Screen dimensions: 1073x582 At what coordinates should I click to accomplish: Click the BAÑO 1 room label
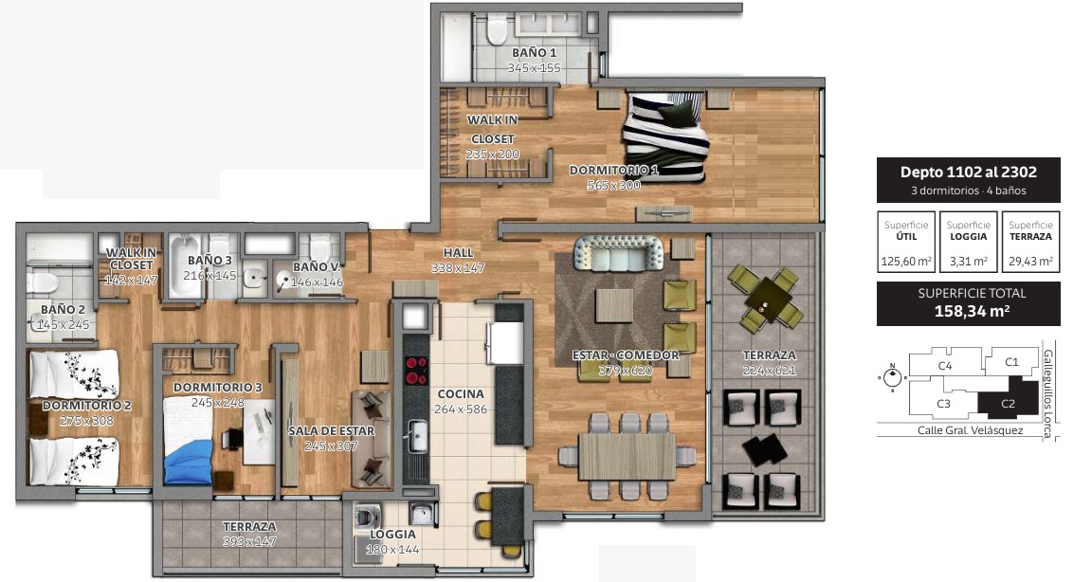[534, 53]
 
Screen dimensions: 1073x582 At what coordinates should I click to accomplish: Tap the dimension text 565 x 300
[614, 185]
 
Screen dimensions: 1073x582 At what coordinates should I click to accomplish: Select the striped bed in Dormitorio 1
[664, 136]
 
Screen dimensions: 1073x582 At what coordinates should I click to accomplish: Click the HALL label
[458, 253]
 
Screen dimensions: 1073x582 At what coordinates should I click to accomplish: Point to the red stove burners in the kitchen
[416, 371]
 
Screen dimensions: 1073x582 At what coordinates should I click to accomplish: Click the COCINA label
[461, 393]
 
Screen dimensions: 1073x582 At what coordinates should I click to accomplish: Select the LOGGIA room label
[392, 534]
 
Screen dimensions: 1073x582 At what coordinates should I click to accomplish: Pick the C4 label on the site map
[945, 366]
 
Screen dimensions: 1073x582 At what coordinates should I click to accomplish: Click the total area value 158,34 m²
[972, 311]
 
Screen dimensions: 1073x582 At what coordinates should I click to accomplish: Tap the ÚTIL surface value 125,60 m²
[906, 261]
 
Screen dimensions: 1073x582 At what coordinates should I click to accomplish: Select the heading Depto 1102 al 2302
[969, 172]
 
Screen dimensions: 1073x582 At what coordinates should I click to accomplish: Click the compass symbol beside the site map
[891, 377]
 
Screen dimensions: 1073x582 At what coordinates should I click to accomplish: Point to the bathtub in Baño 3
[185, 267]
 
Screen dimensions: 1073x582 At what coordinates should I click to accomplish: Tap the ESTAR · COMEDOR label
[626, 355]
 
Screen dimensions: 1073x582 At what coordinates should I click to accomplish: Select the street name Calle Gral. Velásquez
[970, 430]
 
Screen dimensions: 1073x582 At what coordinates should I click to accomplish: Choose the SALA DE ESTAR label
[331, 430]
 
